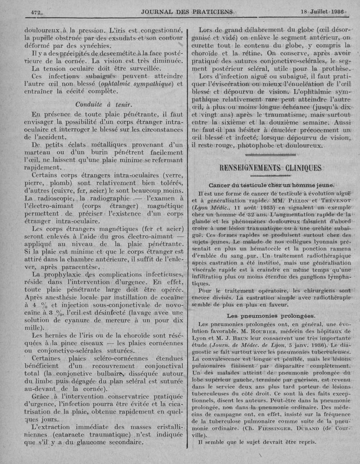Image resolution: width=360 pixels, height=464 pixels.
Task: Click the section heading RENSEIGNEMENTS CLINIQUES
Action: pyautogui.click(x=270, y=168)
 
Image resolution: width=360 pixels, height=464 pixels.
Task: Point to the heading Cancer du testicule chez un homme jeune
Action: pyautogui.click(x=272, y=185)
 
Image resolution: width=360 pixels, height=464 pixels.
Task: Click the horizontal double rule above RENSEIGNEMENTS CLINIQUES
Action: pyautogui.click(x=271, y=155)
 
